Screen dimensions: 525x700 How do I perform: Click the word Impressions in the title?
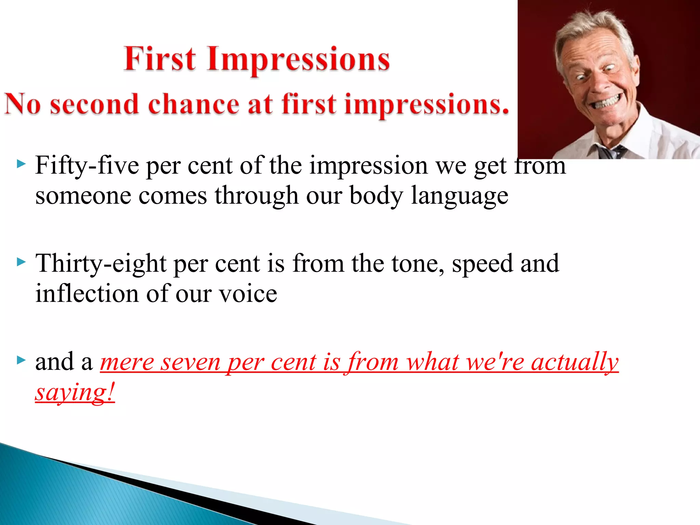[x=298, y=60]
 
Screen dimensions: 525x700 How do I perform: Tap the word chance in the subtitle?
[x=193, y=104]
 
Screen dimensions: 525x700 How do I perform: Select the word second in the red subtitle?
[x=94, y=104]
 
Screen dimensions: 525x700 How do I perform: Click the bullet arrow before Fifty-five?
[x=21, y=164]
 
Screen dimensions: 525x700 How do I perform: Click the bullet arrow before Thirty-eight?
[x=21, y=262]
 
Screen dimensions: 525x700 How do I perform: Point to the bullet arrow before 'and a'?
[x=21, y=360]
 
